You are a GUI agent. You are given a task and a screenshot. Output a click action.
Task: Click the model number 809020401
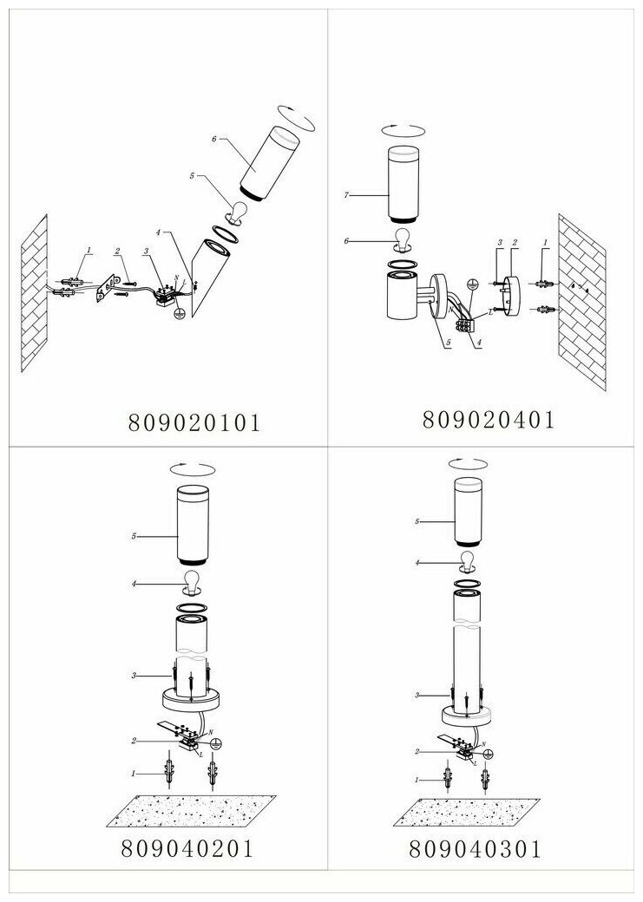point(489,418)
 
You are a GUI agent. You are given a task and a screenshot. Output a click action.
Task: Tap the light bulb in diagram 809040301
point(469,559)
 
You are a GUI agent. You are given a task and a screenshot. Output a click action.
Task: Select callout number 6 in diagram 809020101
point(213,138)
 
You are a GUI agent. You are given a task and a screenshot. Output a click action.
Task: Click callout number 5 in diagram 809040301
point(417,521)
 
